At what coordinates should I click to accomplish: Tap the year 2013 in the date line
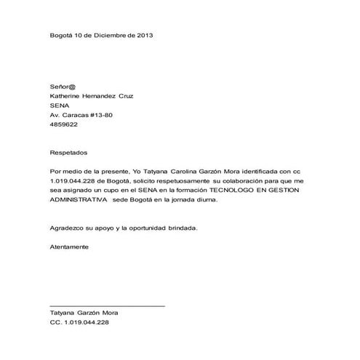[x=144, y=35]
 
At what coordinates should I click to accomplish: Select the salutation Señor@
[x=63, y=86]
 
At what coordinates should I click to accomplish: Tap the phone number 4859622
[x=63, y=124]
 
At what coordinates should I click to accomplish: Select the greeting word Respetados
[x=68, y=153]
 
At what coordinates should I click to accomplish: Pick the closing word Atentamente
[x=69, y=247]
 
